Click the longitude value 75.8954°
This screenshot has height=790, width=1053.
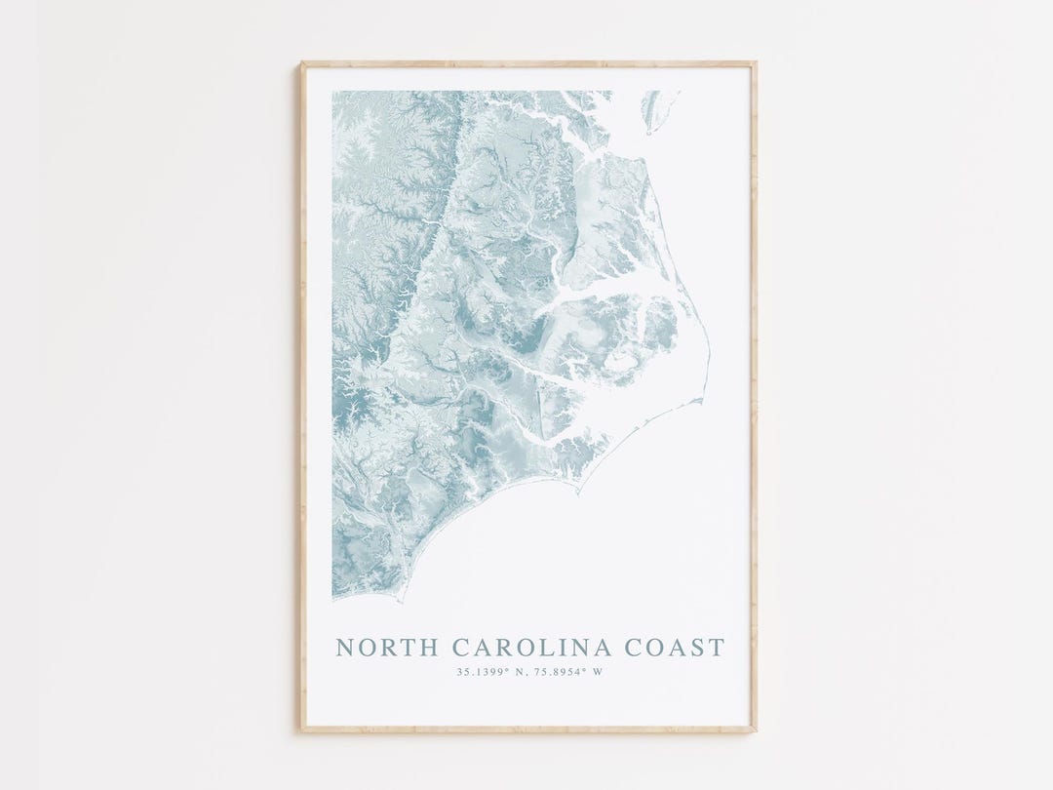[x=558, y=672]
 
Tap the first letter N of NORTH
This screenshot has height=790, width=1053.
[x=344, y=648]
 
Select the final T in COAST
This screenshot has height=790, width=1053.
[x=718, y=648]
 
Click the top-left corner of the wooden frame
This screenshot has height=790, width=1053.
[x=302, y=64]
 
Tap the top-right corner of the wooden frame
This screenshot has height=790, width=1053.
[x=755, y=64]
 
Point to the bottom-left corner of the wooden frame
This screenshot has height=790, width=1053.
[x=302, y=730]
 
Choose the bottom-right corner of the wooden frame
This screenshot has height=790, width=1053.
[x=755, y=730]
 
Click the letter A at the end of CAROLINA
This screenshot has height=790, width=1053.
[x=604, y=648]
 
